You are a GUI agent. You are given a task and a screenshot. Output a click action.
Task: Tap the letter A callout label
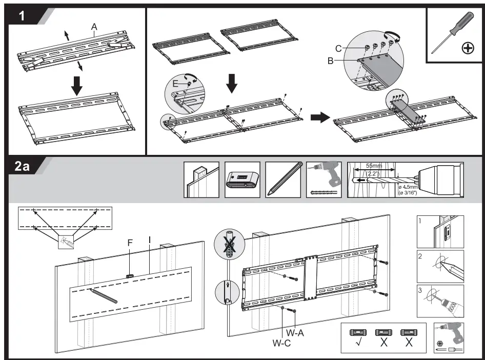[94, 26]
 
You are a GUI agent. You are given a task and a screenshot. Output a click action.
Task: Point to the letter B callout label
[331, 61]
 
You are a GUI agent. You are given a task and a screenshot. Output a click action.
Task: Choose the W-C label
[281, 344]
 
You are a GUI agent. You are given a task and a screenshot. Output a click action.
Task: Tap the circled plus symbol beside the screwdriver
[467, 48]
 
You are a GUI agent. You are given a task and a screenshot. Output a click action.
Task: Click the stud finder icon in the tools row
[242, 180]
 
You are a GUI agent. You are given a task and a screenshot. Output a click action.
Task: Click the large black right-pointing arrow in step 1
[320, 117]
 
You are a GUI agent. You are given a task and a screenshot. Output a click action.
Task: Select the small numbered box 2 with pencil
[439, 266]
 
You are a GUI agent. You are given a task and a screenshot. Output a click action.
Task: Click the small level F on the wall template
[130, 275]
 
